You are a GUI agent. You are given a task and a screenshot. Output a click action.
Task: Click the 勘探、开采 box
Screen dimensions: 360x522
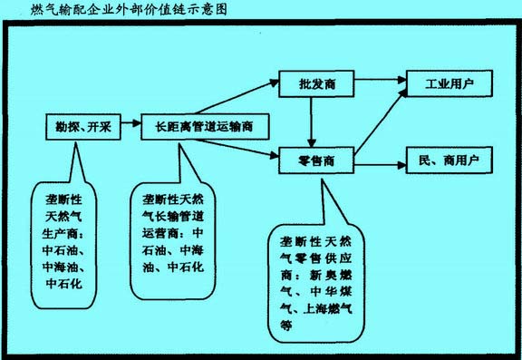(80, 125)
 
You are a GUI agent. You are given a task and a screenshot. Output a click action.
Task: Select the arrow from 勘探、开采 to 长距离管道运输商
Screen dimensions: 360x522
(129, 125)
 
